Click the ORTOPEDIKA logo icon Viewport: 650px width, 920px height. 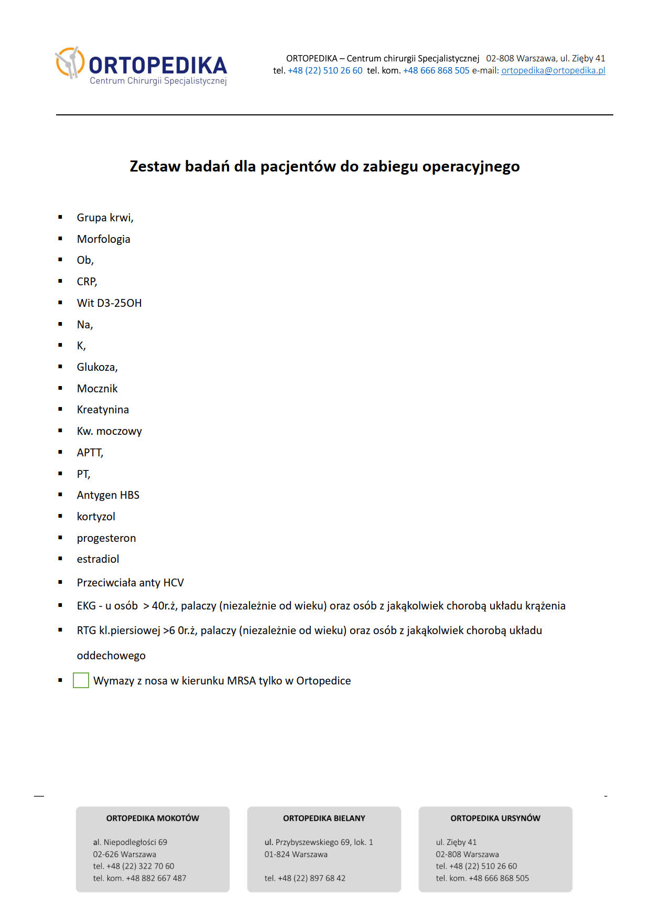click(x=70, y=62)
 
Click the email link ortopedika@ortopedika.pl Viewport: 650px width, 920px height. click(x=553, y=70)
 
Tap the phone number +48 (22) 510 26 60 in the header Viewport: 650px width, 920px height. click(x=325, y=70)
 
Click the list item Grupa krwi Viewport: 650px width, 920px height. click(x=105, y=218)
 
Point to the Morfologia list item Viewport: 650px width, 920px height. click(x=103, y=239)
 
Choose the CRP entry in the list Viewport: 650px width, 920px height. click(x=86, y=282)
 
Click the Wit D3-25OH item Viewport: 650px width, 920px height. click(x=109, y=303)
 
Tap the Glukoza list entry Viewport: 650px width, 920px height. click(x=97, y=367)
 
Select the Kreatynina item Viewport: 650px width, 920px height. click(x=103, y=410)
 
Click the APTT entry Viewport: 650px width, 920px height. click(x=90, y=453)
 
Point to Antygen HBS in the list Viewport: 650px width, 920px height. click(x=108, y=495)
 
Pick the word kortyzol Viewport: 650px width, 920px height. click(x=96, y=517)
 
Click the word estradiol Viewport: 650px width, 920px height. click(x=98, y=559)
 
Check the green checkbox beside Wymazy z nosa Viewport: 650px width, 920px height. click(x=81, y=680)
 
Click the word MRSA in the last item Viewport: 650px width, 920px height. click(x=241, y=681)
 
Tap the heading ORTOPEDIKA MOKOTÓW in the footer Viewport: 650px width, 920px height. click(x=153, y=818)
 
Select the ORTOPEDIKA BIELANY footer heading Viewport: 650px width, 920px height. click(x=324, y=818)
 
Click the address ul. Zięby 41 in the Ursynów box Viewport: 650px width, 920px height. click(x=456, y=842)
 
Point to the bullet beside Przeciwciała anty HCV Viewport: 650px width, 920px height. click(x=60, y=582)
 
